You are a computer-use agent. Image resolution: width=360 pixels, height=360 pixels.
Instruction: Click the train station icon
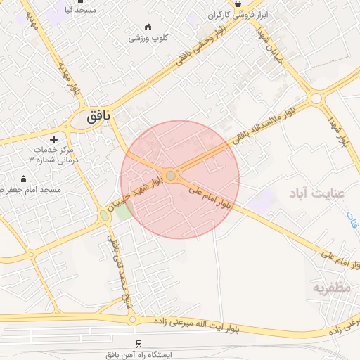(139, 344)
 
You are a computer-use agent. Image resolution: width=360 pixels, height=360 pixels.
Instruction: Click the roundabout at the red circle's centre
(171, 175)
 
